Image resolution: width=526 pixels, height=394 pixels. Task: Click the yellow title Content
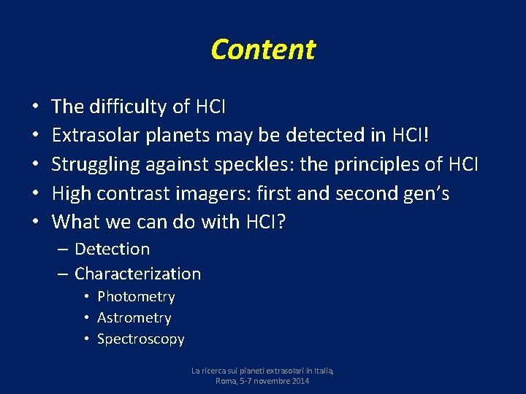click(x=263, y=50)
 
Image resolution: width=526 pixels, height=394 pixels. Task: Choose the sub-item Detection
click(x=112, y=250)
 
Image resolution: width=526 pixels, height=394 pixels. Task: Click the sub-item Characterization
click(x=137, y=274)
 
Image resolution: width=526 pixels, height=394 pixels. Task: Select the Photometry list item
click(x=136, y=297)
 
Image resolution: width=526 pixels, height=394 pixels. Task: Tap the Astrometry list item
click(x=134, y=318)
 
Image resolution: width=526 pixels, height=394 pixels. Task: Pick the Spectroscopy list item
click(x=140, y=339)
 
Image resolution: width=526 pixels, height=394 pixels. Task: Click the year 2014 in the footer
click(x=298, y=382)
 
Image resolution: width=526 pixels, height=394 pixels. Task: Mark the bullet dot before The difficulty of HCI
click(x=36, y=108)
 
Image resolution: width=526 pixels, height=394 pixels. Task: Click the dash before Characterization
click(x=63, y=274)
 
